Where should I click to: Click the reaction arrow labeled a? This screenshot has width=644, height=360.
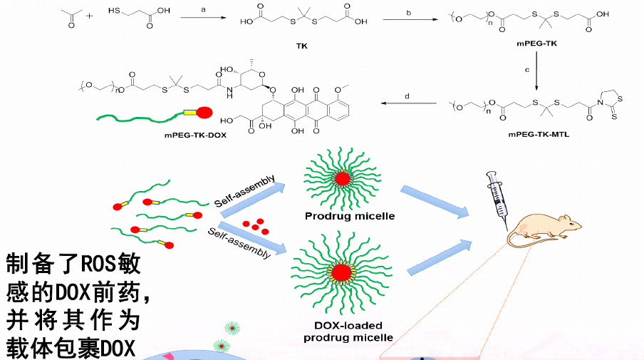[203, 18]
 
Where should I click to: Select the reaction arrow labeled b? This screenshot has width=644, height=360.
[410, 19]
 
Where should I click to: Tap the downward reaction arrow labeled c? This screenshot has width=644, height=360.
[536, 71]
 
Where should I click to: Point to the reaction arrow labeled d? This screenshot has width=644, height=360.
[409, 103]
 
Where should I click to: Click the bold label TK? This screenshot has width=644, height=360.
[302, 46]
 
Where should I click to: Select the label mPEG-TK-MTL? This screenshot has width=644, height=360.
[539, 135]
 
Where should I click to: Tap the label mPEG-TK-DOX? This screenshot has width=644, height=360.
[195, 135]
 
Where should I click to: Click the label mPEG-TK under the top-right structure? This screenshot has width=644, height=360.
[537, 43]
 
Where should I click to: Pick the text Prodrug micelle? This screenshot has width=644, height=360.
[350, 216]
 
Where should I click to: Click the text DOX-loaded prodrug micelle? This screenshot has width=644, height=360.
[348, 331]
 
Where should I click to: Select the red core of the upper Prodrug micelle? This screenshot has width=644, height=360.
[342, 179]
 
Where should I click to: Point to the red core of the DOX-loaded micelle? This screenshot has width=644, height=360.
[341, 272]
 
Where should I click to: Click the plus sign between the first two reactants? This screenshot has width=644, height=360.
[90, 16]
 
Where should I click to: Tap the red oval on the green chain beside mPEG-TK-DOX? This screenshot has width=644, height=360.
[204, 112]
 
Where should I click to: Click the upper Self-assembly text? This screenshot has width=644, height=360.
[245, 192]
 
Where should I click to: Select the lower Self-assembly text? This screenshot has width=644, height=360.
[239, 243]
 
